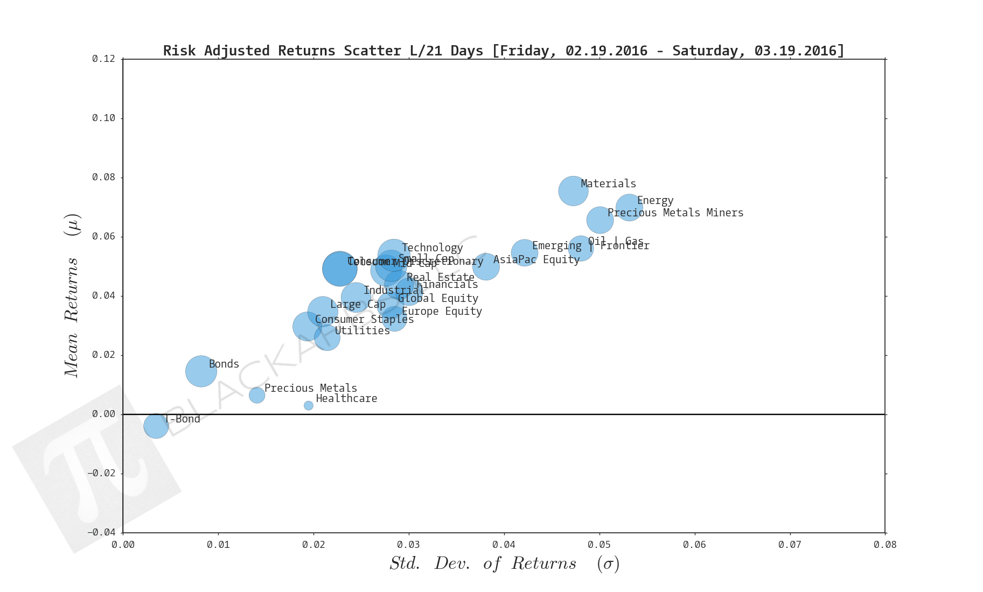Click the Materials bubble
(x=573, y=191)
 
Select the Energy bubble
(x=629, y=207)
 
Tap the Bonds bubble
(x=201, y=371)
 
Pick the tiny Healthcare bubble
(x=309, y=405)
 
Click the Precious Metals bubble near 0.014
(x=257, y=395)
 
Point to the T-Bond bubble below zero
(x=156, y=426)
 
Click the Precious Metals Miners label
(x=675, y=213)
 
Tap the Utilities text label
(x=362, y=330)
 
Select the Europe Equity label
(x=442, y=311)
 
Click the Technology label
(x=432, y=248)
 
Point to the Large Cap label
(x=358, y=304)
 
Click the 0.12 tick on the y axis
(x=103, y=59)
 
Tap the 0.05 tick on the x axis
(x=599, y=545)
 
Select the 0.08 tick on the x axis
(x=885, y=545)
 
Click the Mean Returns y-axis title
(x=72, y=296)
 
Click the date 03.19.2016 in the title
(x=795, y=51)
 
